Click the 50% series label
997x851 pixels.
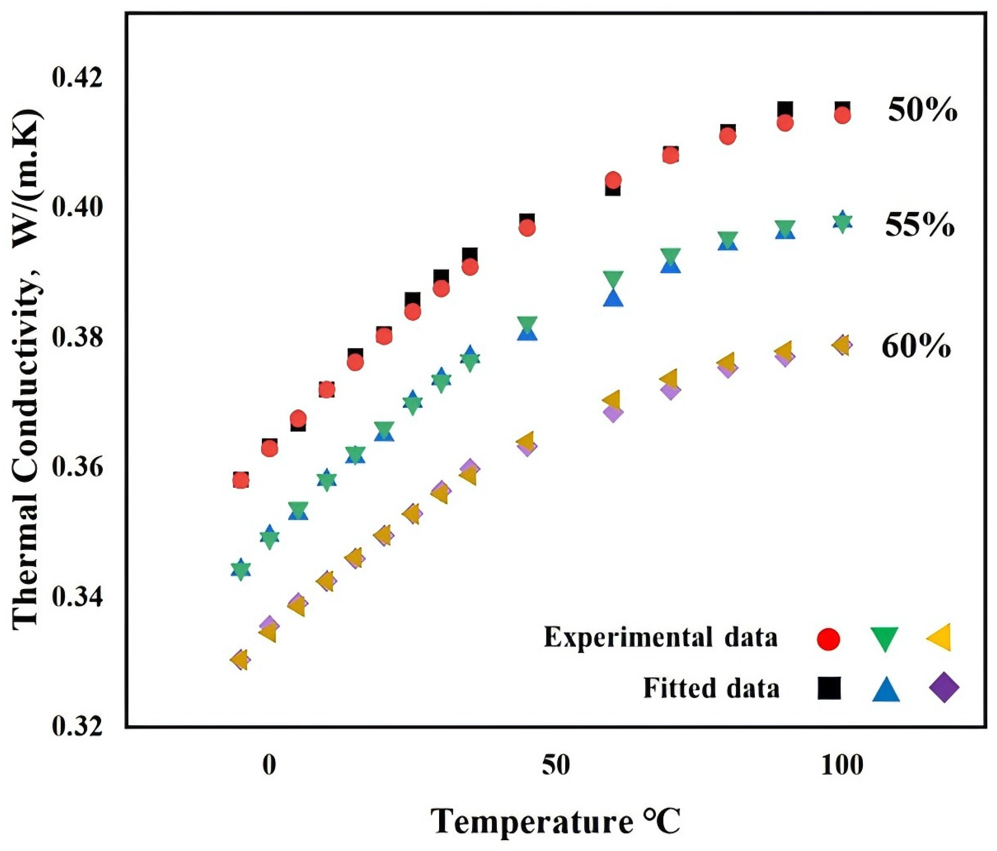click(923, 111)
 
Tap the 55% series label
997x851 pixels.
click(919, 225)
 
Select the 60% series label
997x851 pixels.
click(916, 347)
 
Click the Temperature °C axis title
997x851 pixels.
click(556, 821)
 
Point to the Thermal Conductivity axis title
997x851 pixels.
click(26, 368)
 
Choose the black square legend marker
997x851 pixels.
click(829, 688)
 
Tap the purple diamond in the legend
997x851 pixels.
click(944, 688)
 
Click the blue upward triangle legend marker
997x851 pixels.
click(886, 689)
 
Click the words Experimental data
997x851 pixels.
click(661, 637)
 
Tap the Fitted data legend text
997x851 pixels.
click(711, 688)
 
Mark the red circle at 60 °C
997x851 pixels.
click(613, 180)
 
